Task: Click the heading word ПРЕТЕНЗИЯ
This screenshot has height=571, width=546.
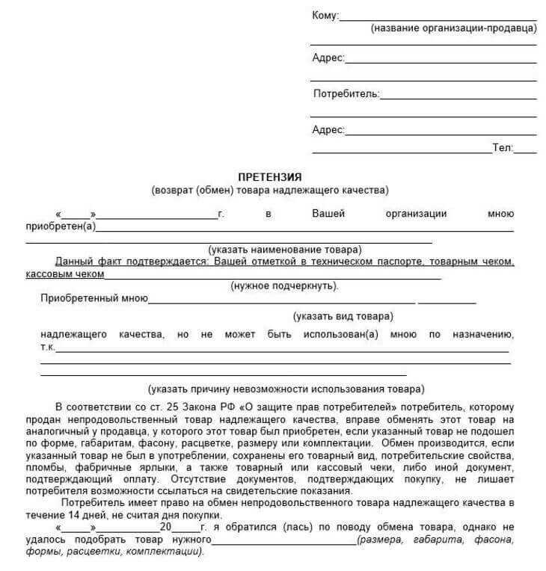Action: point(269,177)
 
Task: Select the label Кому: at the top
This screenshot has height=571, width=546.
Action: point(325,16)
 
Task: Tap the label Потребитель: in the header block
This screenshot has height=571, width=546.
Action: point(346,94)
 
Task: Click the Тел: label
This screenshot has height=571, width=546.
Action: point(503,148)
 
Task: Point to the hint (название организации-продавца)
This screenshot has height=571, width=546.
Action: point(453,28)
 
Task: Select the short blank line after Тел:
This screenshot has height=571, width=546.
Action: point(526,152)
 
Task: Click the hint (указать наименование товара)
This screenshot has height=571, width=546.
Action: point(284,249)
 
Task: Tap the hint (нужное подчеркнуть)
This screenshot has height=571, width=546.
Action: point(284,285)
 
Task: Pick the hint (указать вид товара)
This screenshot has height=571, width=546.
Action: point(342,316)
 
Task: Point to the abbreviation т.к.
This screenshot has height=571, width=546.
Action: point(47,347)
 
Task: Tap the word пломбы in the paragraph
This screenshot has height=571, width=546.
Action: point(43,467)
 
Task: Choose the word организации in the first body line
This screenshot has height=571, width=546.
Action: point(416,214)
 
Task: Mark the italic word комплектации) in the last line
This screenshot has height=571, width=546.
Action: point(170,552)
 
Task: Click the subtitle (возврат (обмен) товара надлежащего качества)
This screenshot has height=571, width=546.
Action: point(269,190)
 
